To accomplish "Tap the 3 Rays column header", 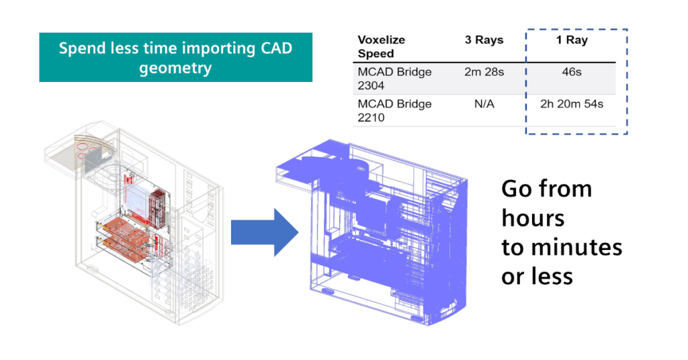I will point(484,40).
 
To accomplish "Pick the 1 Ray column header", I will point(572,40).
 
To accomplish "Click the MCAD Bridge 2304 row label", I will point(394,78).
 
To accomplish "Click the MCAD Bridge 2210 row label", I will point(394,110).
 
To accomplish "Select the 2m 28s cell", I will point(484,72).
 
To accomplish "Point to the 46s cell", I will point(572,72).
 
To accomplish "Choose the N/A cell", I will point(484,104).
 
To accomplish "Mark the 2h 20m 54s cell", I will point(572,104).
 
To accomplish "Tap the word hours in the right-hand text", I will point(533,218).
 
